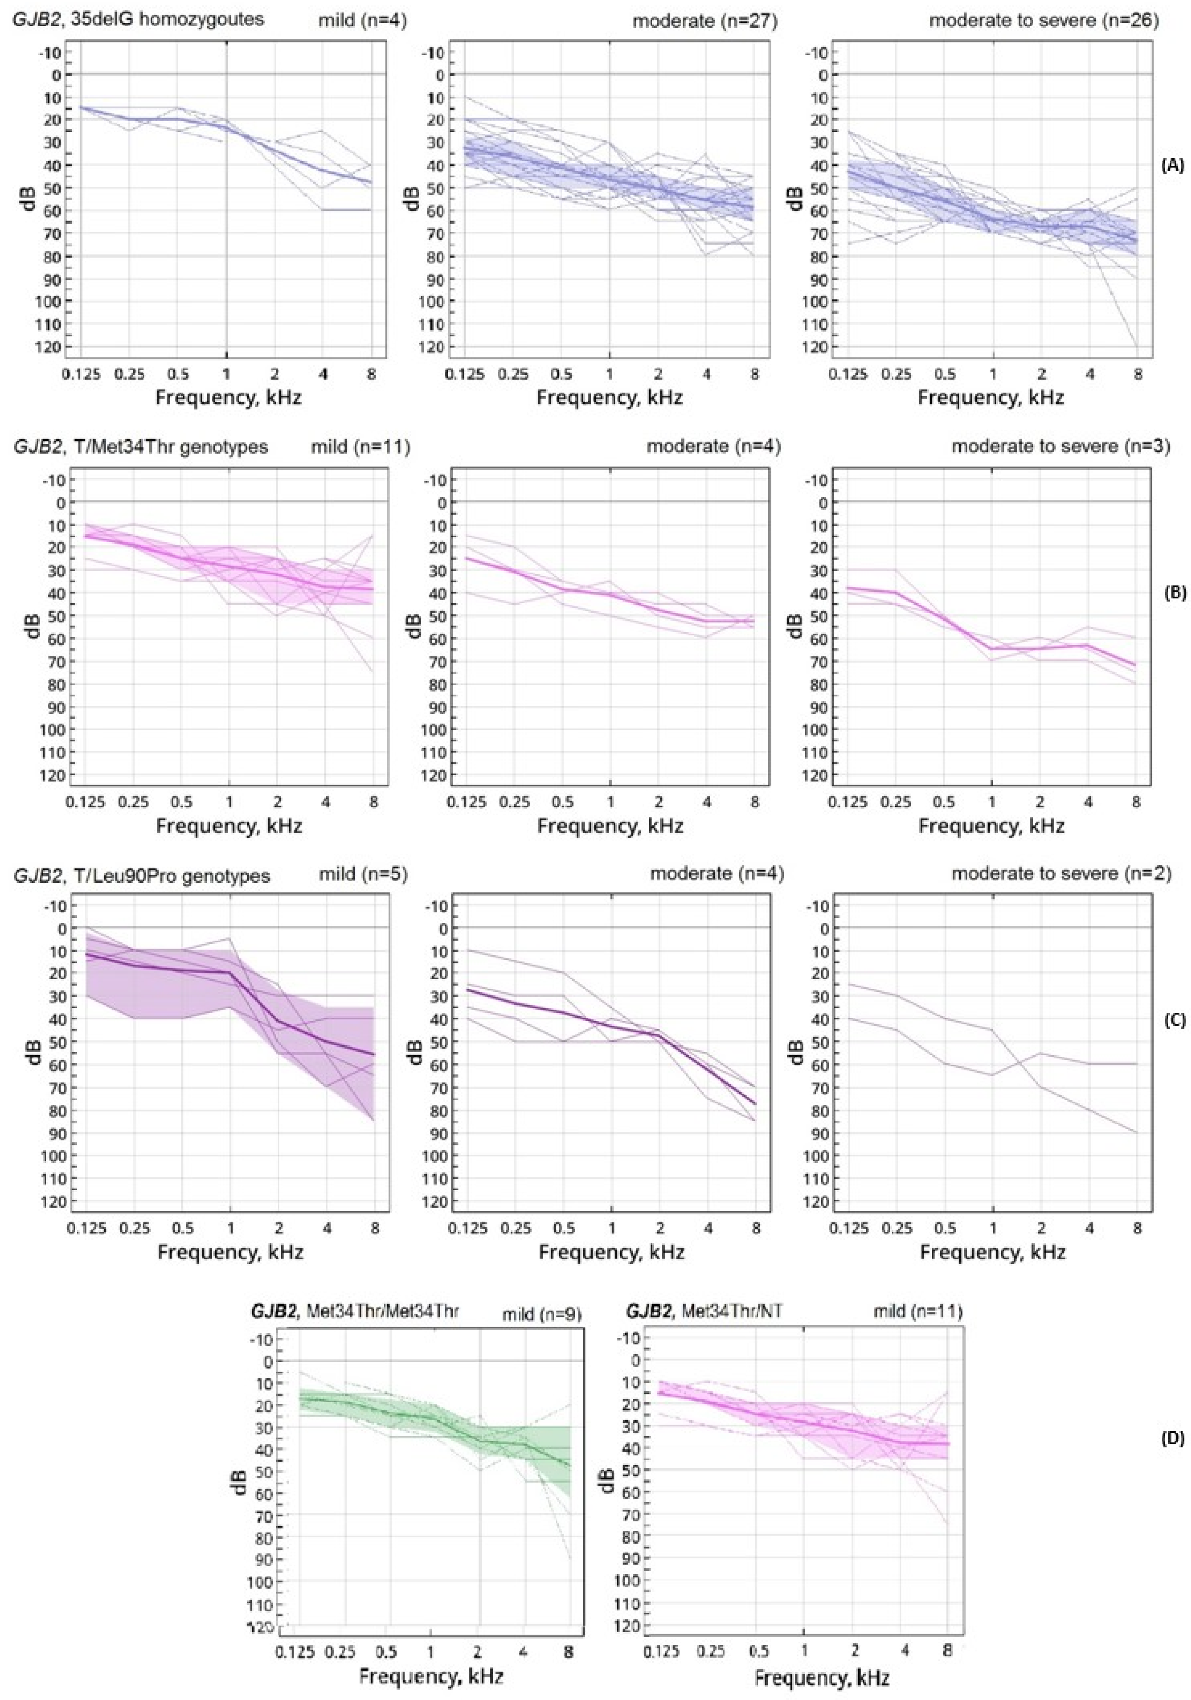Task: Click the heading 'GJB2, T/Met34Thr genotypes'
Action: [x=141, y=447]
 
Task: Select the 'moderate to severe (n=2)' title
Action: [x=1061, y=874]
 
